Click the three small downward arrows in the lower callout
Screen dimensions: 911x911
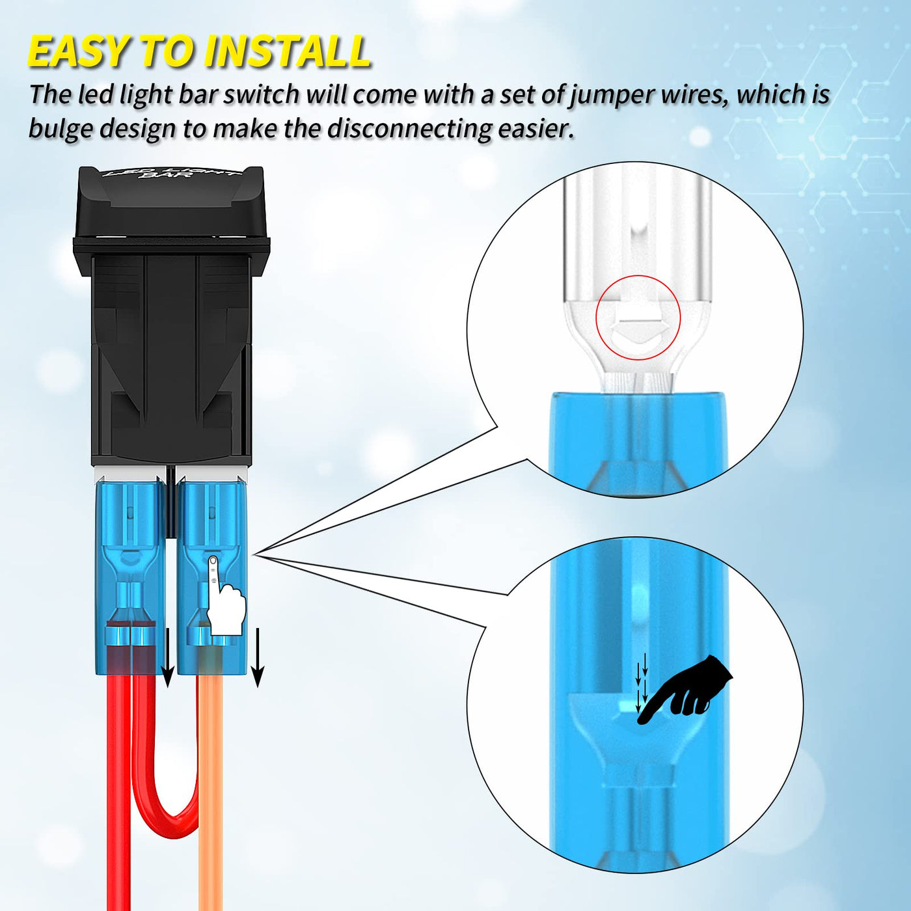point(642,687)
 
